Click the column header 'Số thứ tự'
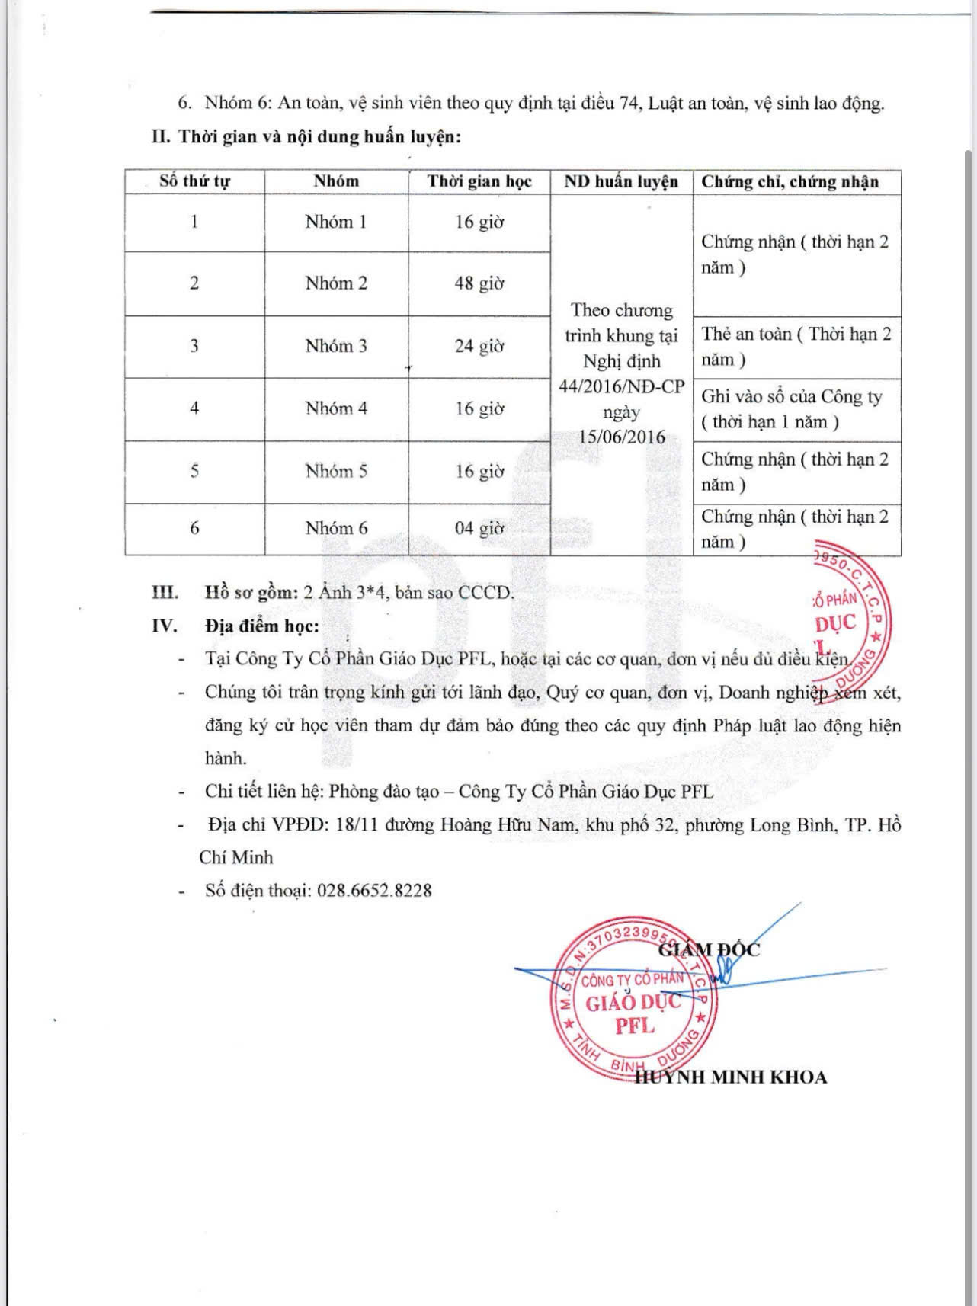click(194, 181)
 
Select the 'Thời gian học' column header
click(479, 181)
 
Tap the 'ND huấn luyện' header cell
click(621, 181)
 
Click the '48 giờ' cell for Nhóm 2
click(479, 283)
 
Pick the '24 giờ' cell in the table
click(479, 346)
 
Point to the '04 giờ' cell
click(479, 528)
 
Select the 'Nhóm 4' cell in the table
click(336, 408)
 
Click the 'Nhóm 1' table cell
click(336, 222)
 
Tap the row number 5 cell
click(194, 471)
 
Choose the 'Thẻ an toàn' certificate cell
click(796, 347)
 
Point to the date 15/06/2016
click(621, 437)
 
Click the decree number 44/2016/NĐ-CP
click(621, 386)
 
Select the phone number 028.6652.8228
click(374, 890)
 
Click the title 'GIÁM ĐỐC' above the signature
click(710, 949)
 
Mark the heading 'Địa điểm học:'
click(262, 626)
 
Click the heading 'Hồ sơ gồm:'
click(250, 593)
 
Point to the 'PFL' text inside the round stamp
click(634, 1026)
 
